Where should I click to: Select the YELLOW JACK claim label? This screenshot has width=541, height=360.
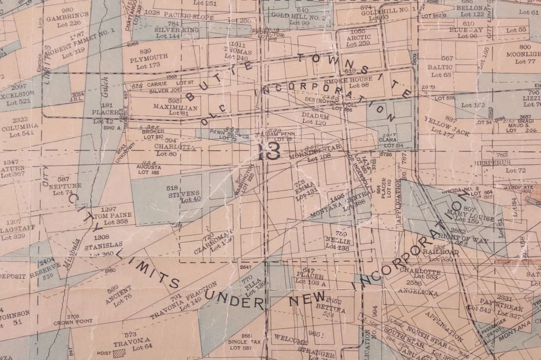pos(439,127)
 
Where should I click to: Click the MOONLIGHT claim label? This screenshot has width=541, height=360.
pos(524,54)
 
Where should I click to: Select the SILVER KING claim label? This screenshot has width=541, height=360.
pos(176,31)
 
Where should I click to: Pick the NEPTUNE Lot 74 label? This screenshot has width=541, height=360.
pos(64,186)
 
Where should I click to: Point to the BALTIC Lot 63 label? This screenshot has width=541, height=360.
pos(440,67)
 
